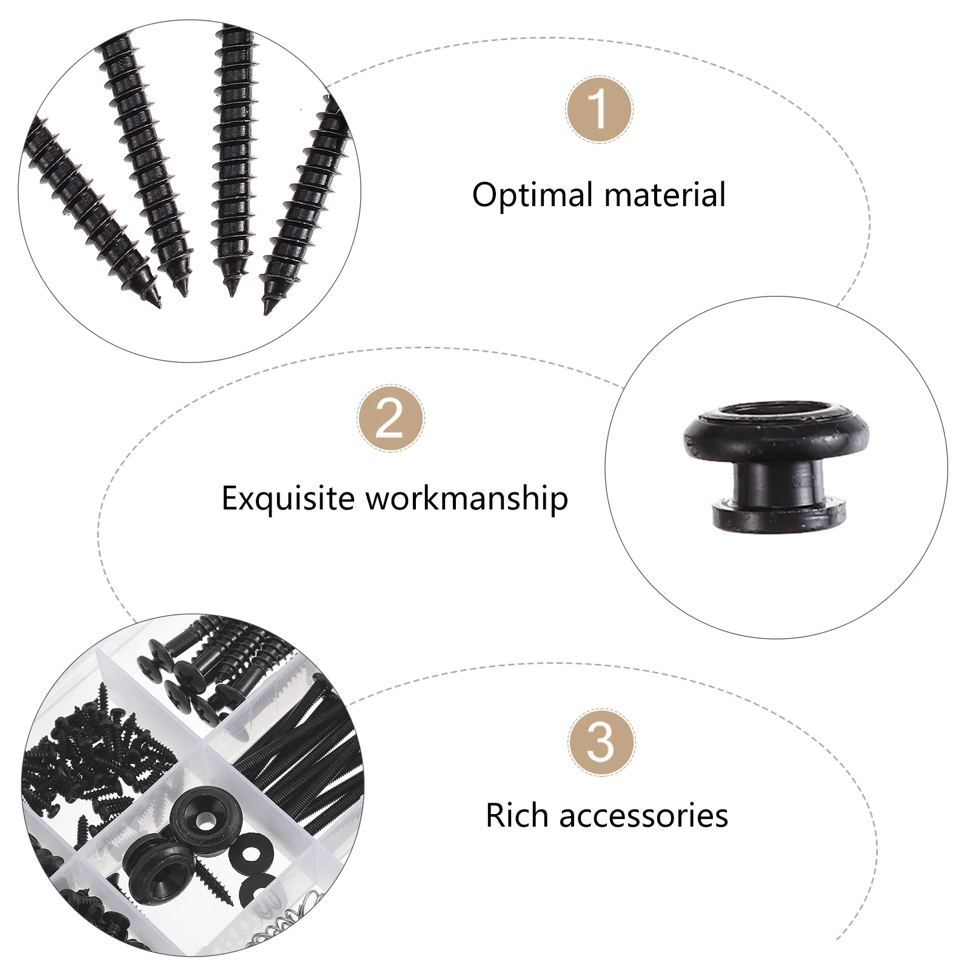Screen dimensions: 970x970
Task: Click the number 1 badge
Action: coord(599,110)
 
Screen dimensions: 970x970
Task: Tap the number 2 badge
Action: coord(390,418)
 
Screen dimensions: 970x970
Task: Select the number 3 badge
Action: coord(601,742)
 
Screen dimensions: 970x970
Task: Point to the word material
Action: coord(664,195)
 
